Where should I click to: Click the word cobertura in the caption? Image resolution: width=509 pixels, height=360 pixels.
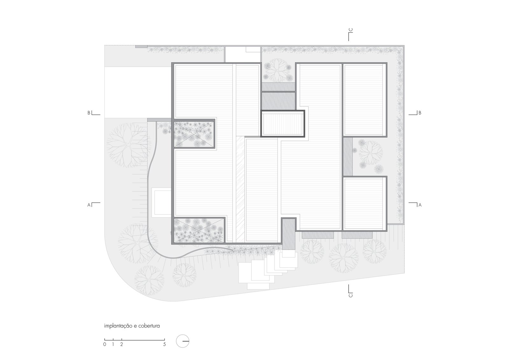[x=149, y=326]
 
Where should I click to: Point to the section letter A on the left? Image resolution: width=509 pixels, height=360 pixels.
[x=89, y=205]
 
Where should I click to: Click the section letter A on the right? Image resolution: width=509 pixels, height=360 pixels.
[x=420, y=205]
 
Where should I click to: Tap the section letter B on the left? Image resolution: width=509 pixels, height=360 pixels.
[x=89, y=113]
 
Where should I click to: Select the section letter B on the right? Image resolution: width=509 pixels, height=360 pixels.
[x=420, y=113]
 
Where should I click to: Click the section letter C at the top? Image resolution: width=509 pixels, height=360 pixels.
[x=351, y=30]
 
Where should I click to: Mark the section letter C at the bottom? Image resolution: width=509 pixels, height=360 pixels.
[x=351, y=295]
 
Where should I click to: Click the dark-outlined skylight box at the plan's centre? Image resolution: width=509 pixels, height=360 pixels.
[x=283, y=124]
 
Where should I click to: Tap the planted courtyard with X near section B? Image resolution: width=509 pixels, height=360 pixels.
[x=194, y=134]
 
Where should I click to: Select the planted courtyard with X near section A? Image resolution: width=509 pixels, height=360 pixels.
[x=199, y=230]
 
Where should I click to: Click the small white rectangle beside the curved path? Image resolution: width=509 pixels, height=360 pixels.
[x=162, y=203]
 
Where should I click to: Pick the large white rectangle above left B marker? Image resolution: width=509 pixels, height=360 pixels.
[x=138, y=92]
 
